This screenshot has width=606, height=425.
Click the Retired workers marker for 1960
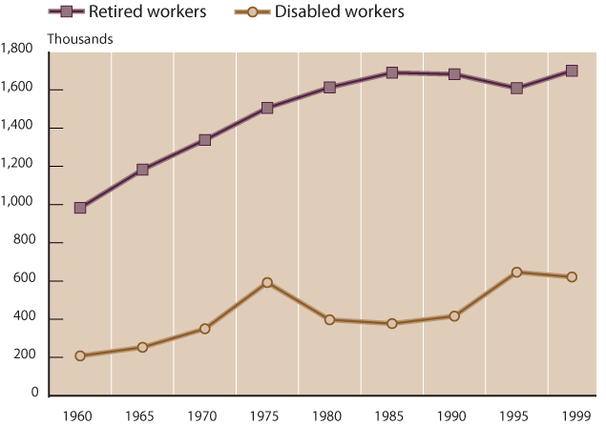(80, 208)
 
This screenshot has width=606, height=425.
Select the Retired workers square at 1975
(267, 108)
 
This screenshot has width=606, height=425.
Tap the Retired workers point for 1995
(516, 88)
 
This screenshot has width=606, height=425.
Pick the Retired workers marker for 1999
(572, 71)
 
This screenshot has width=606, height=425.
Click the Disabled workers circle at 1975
(267, 283)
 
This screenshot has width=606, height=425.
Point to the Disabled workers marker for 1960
(80, 356)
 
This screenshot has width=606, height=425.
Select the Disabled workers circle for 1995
(516, 273)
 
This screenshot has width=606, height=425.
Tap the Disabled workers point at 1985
(391, 324)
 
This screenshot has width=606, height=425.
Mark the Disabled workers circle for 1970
(204, 329)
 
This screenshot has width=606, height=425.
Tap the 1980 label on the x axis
(329, 415)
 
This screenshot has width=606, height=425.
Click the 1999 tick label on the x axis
(572, 415)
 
